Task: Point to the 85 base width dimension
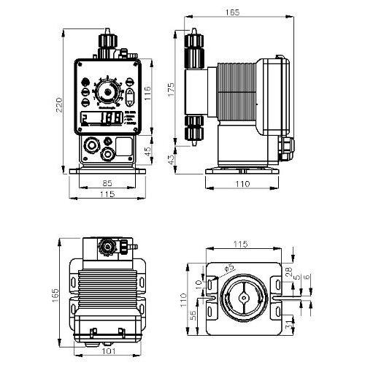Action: [107, 183]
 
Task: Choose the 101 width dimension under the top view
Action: [107, 351]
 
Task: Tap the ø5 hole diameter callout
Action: [230, 269]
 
